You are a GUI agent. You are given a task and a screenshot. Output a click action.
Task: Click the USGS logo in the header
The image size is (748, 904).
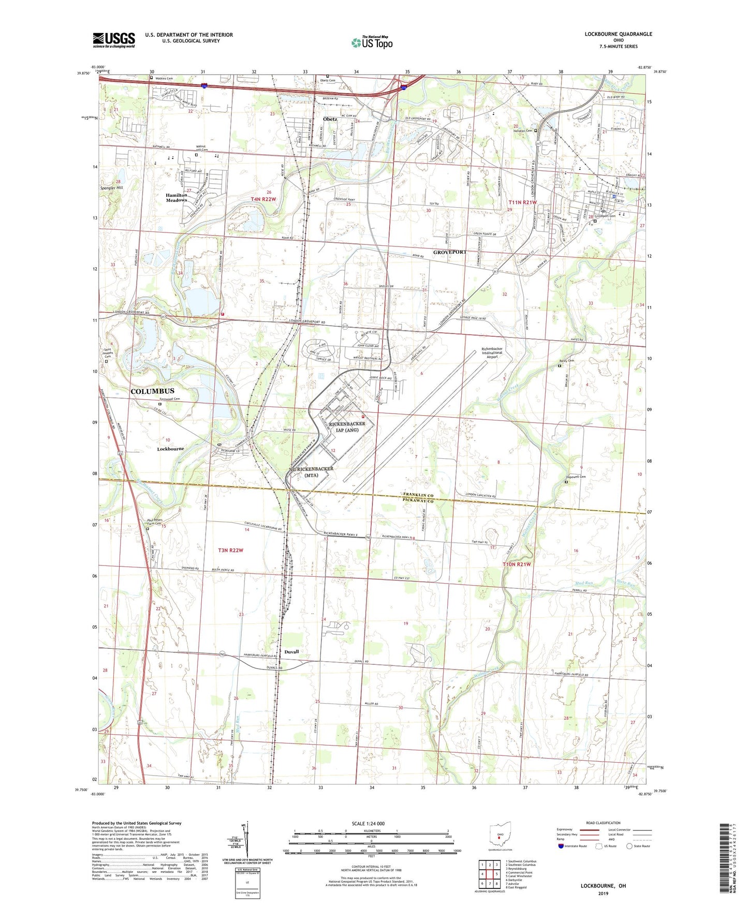pos(114,40)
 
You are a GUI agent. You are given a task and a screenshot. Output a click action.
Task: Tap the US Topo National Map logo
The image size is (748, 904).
pos(372,42)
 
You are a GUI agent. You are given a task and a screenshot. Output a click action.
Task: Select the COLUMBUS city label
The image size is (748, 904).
pos(152,391)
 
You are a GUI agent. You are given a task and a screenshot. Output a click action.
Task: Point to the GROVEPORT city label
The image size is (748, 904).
pos(450,252)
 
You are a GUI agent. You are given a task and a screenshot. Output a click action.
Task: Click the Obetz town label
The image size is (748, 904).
pos(330,119)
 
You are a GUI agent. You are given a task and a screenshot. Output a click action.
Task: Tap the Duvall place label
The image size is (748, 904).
pos(291,652)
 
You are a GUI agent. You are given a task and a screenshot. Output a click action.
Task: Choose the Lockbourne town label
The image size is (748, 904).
pos(170,449)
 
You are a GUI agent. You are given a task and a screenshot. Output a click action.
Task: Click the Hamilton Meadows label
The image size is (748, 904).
pos(176,198)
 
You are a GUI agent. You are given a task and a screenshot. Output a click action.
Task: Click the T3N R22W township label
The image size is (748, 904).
pos(227,550)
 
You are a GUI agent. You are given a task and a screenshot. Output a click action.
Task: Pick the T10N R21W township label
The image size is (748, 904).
pos(517,564)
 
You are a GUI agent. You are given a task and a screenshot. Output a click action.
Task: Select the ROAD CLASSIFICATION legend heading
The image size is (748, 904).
pos(603,823)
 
